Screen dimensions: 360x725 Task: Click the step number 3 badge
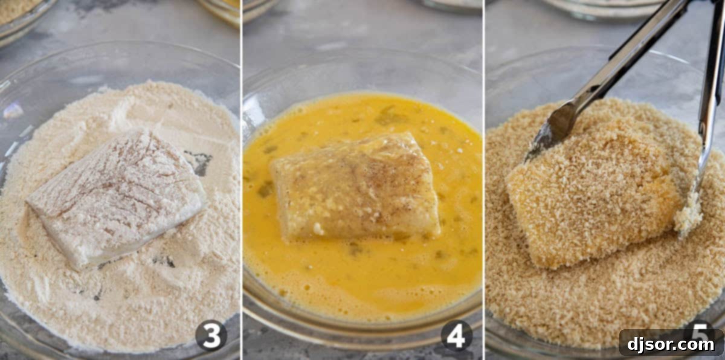point(211,335)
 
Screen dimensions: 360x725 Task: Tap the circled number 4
point(456,335)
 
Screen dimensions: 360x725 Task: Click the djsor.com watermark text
point(671,344)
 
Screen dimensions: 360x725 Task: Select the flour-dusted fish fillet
point(115,196)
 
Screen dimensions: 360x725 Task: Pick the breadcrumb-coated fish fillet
point(589,193)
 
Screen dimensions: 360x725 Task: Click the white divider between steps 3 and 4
point(241,181)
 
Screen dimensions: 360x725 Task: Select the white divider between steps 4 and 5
point(484,181)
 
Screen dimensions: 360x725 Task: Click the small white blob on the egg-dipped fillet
point(318,229)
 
